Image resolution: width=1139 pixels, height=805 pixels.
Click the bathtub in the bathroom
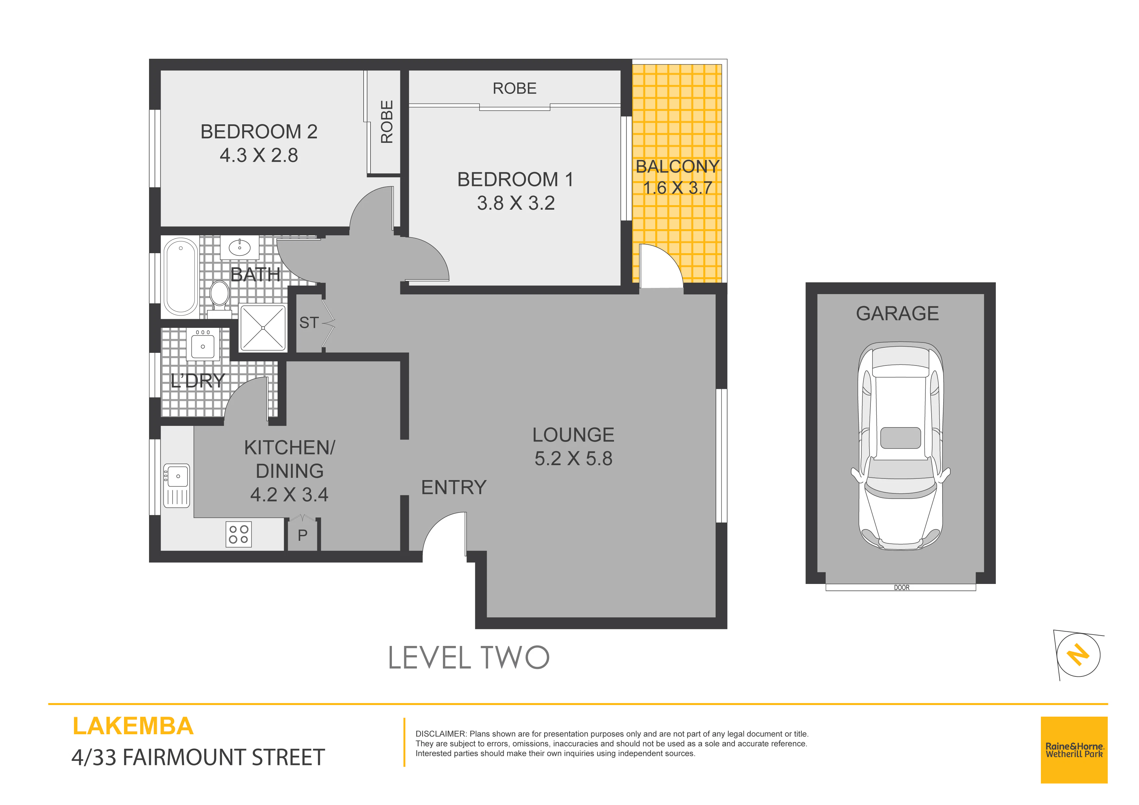point(181,277)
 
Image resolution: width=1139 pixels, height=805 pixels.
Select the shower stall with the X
point(263,328)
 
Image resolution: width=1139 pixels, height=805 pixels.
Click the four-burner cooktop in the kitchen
point(239,534)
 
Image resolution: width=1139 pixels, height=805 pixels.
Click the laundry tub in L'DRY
point(203,344)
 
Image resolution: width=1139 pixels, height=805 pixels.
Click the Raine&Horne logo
point(1074,750)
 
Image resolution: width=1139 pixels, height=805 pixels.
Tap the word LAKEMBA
point(133,726)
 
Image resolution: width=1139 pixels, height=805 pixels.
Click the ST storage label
point(308,323)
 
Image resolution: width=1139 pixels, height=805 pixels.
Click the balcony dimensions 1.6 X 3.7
point(678,188)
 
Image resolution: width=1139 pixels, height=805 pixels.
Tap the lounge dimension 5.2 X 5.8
point(573,459)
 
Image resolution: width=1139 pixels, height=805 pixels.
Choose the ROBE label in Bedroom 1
point(514,88)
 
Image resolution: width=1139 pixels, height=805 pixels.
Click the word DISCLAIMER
point(441,734)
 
